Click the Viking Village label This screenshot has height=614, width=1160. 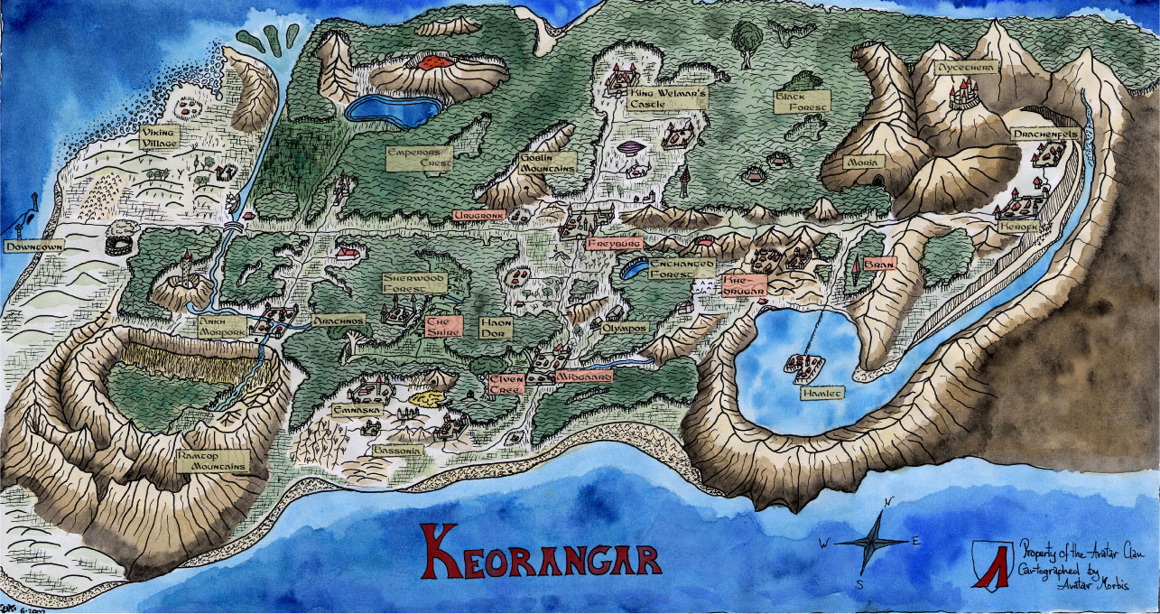[x=159, y=136]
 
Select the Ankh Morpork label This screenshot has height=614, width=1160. [x=222, y=326]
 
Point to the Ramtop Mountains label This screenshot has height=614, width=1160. [x=212, y=460]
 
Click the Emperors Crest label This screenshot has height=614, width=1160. [x=418, y=158]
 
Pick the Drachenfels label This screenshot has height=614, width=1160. [x=1045, y=133]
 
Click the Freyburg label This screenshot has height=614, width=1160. [x=613, y=244]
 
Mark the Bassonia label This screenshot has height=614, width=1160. [x=396, y=449]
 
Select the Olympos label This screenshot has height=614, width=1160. [x=626, y=327]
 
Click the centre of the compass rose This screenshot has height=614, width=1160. [x=869, y=542]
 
